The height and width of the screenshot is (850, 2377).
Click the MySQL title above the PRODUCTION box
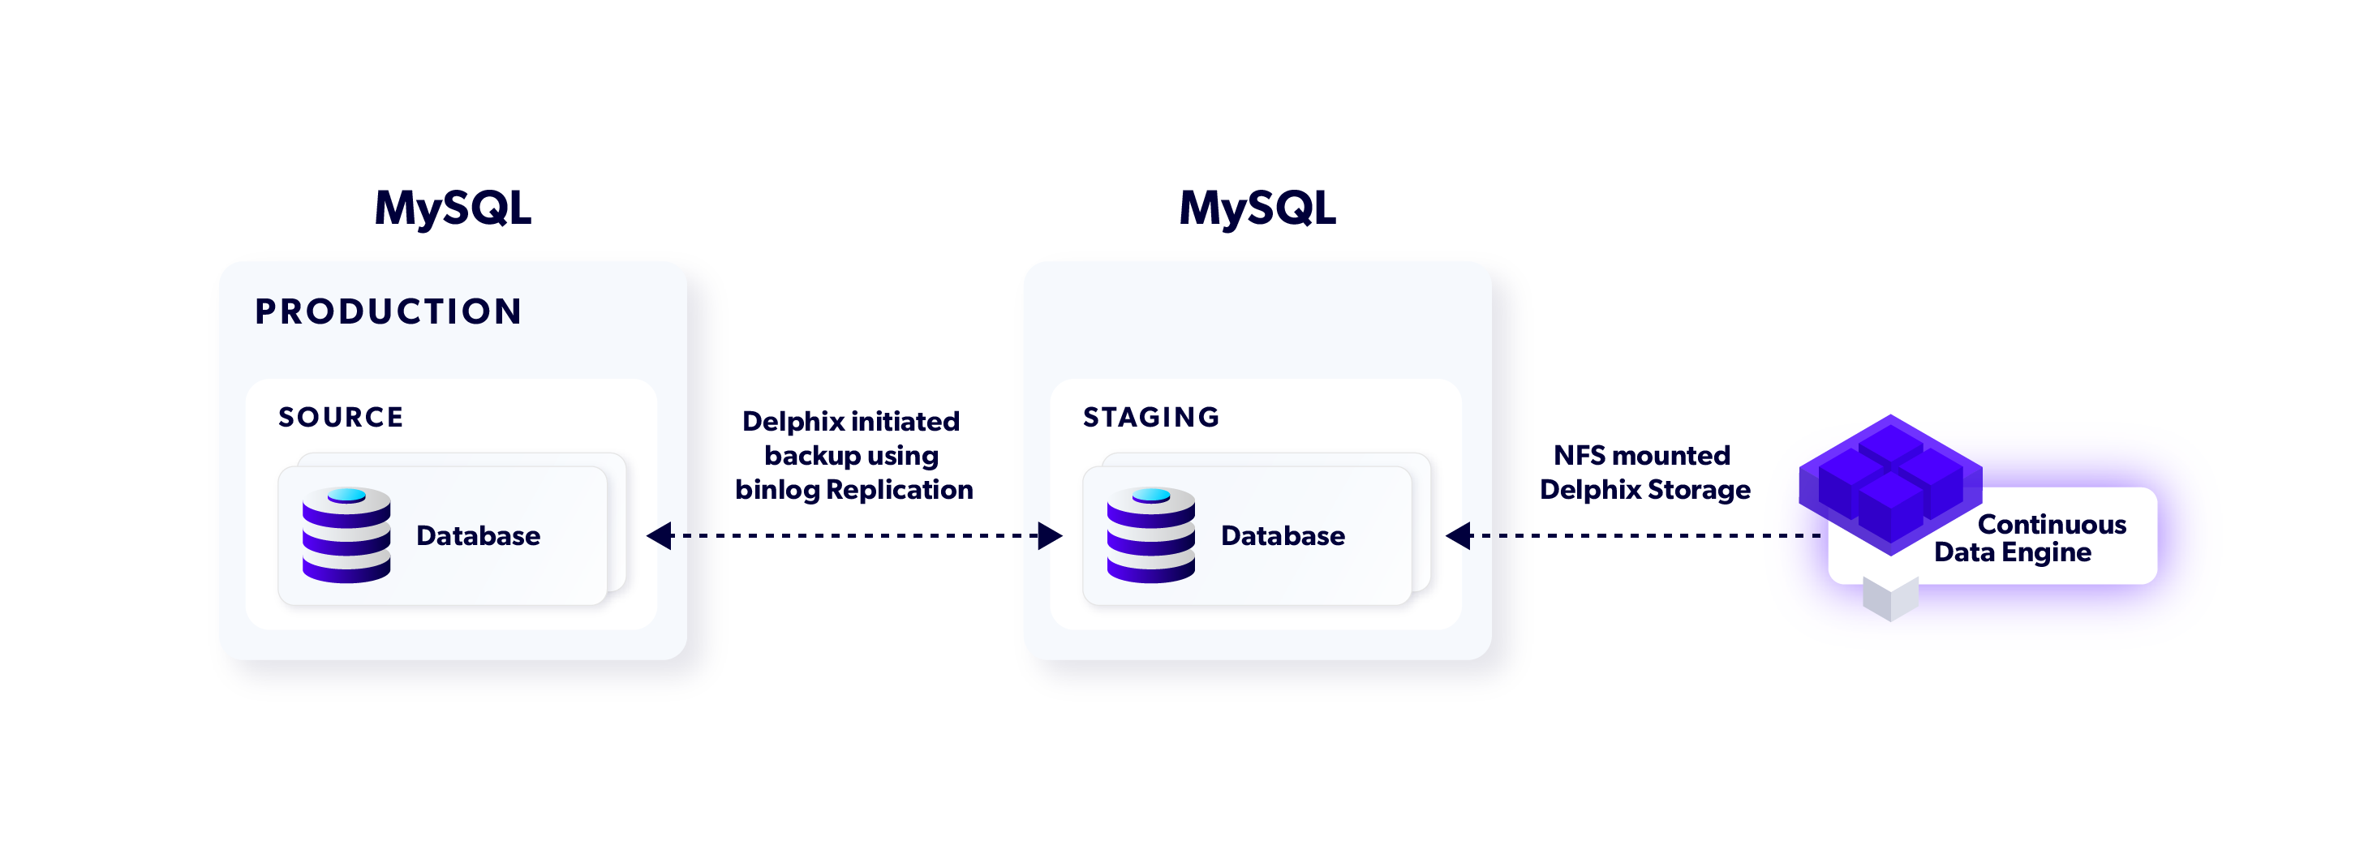(x=452, y=208)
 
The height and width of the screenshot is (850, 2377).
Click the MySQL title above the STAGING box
(x=1257, y=208)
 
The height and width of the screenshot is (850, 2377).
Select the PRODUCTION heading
(x=389, y=312)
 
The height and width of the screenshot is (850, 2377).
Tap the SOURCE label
(x=341, y=417)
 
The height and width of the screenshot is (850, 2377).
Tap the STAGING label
(x=1150, y=417)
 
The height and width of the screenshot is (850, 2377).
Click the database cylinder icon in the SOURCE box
(x=346, y=535)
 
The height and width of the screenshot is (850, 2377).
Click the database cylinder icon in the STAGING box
(x=1150, y=535)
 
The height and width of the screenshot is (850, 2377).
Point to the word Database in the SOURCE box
(x=478, y=536)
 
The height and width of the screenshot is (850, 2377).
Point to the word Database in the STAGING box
(x=1283, y=536)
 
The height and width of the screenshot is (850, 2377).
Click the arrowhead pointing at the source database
(x=659, y=535)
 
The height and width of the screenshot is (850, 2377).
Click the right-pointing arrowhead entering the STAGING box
(x=1049, y=535)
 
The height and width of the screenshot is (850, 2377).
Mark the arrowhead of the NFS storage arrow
(x=1458, y=535)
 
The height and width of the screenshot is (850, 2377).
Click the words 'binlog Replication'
(x=853, y=490)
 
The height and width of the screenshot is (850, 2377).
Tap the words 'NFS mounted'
(x=1641, y=456)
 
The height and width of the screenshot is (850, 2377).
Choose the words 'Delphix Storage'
(x=1644, y=490)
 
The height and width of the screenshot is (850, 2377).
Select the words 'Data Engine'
(x=2012, y=553)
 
